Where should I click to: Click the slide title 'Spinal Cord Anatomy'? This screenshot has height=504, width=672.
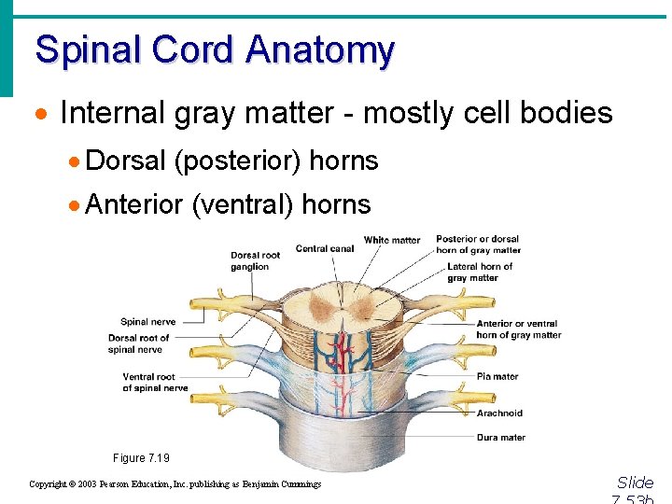(215, 49)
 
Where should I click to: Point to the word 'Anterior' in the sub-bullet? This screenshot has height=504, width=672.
(134, 204)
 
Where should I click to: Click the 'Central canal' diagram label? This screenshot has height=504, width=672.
(324, 248)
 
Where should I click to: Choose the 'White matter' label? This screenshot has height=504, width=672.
(392, 240)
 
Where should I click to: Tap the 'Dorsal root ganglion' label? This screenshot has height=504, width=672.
(256, 261)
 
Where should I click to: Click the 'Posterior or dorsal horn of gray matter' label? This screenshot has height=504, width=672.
(478, 245)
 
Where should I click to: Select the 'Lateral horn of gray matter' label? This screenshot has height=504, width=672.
(480, 272)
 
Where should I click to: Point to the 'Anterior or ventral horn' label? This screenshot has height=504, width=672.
(518, 329)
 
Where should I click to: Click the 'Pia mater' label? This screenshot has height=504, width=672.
(497, 376)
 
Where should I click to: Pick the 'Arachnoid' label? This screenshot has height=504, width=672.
(499, 413)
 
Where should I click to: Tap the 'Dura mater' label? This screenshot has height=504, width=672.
(501, 437)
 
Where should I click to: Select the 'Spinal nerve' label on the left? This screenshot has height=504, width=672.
(147, 322)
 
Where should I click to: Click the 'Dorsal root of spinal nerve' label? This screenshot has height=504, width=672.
(139, 343)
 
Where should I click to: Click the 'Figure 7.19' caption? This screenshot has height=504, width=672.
(142, 458)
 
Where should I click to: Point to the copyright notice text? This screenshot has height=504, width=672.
(175, 484)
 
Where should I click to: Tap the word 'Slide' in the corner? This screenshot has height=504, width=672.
(635, 483)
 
